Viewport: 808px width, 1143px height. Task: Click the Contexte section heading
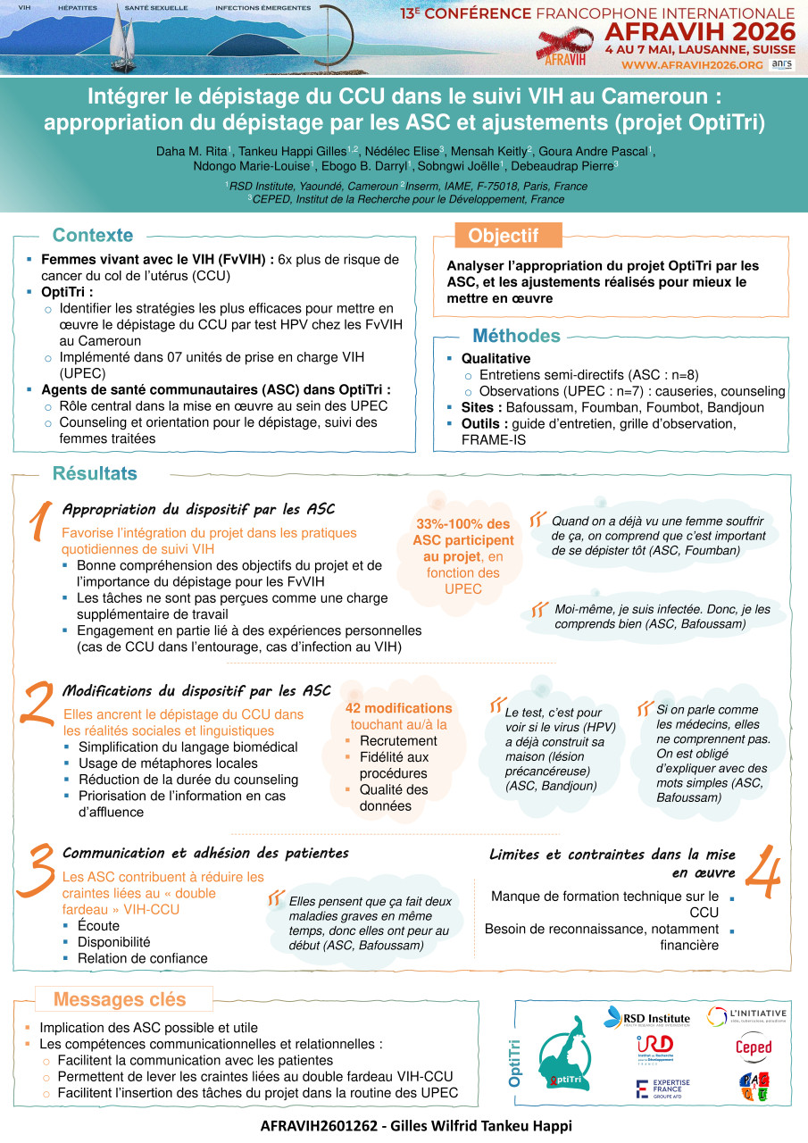(x=93, y=236)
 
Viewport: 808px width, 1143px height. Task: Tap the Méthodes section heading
(x=516, y=336)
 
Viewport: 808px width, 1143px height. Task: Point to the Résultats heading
(x=95, y=473)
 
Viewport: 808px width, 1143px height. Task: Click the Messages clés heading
(x=120, y=999)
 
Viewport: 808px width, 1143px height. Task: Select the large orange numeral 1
(x=37, y=521)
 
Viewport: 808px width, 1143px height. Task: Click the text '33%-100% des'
(x=463, y=524)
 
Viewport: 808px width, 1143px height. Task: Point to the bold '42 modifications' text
(x=398, y=708)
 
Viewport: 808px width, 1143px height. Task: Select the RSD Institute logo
(x=646, y=1017)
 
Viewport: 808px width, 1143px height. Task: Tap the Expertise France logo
(x=662, y=1088)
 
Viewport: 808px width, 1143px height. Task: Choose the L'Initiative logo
(x=746, y=1015)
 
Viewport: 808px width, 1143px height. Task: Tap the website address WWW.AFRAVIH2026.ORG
(x=692, y=65)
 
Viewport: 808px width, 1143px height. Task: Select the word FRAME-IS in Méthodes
(x=494, y=439)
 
